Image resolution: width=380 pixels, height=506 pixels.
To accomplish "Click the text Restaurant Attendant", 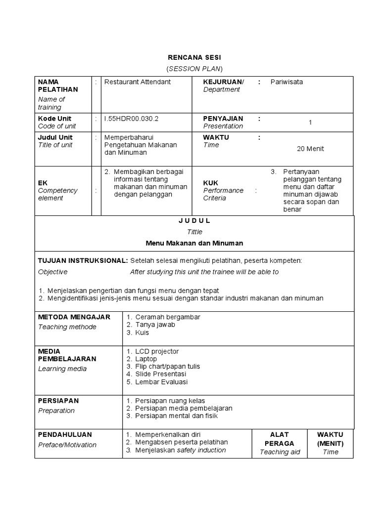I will (x=137, y=82).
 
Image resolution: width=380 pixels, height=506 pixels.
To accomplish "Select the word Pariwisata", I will (x=286, y=82).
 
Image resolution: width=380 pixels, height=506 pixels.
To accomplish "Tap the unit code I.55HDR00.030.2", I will (x=131, y=119).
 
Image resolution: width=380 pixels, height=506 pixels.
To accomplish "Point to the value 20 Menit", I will (x=310, y=149).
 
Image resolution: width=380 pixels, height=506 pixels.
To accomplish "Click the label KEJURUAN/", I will (x=224, y=82).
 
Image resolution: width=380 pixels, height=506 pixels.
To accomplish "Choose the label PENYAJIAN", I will (x=223, y=119).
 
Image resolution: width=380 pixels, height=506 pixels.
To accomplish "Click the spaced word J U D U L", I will (x=194, y=221).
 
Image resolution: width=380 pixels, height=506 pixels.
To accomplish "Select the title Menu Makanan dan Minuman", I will (x=194, y=243).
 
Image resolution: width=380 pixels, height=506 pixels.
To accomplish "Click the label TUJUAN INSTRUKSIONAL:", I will (x=83, y=260).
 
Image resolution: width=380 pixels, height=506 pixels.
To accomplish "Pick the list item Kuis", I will (x=143, y=333).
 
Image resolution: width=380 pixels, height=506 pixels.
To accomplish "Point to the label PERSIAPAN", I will (x=58, y=401).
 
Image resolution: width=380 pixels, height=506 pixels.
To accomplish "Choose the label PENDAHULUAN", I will (x=65, y=435).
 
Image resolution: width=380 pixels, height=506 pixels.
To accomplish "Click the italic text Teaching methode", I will (x=67, y=327).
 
